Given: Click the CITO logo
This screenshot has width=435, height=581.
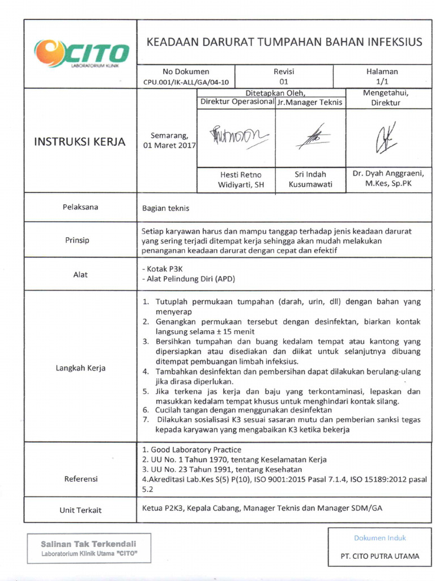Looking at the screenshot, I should click(81, 54).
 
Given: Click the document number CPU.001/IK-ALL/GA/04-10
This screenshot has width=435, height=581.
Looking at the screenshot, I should click(186, 82).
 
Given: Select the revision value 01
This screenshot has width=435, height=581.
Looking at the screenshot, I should click(283, 82).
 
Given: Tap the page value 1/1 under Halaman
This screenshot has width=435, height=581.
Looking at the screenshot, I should click(382, 82).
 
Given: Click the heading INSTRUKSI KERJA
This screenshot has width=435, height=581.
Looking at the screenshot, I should click(80, 141).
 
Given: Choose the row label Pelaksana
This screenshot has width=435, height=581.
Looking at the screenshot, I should click(80, 207).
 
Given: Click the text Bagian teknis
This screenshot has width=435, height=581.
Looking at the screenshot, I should click(165, 208).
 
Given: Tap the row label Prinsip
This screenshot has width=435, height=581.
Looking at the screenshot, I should click(77, 240).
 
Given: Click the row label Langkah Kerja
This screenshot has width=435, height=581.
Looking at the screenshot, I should click(80, 368).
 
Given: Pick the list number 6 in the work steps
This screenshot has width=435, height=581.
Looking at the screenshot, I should click(146, 410).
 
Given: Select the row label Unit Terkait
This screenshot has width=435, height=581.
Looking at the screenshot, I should click(80, 510).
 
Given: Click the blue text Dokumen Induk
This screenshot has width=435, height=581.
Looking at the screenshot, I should click(380, 538).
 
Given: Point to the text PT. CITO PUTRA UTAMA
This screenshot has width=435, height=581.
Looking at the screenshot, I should click(380, 556).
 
